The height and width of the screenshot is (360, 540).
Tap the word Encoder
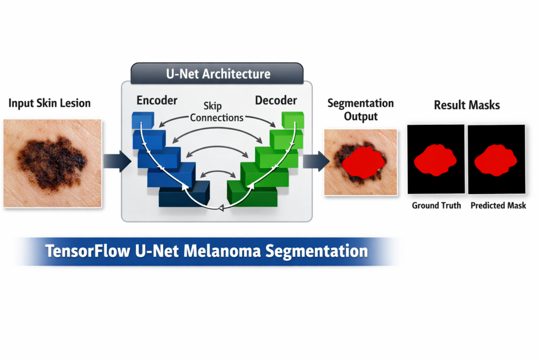(157, 100)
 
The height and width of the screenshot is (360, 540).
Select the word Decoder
(276, 100)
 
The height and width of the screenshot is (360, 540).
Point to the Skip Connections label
(216, 112)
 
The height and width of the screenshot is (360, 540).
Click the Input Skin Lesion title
(49, 103)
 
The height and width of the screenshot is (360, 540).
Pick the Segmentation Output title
(361, 110)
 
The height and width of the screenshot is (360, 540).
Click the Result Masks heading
(467, 105)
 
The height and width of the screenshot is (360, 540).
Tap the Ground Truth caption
(436, 206)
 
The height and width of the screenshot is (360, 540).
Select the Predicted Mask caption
(498, 206)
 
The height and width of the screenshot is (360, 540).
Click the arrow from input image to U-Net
(117, 161)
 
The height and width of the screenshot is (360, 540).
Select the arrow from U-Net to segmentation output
(316, 161)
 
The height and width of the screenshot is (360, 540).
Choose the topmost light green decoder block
(293, 120)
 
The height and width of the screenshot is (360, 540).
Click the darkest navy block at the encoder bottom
(184, 194)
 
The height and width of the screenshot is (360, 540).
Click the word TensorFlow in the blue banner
(88, 251)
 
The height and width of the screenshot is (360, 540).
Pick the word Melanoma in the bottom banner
(222, 251)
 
